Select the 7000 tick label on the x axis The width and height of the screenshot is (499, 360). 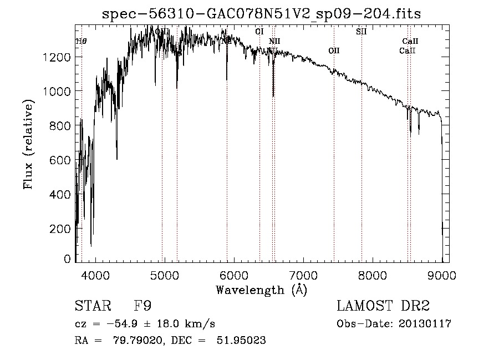click(303, 274)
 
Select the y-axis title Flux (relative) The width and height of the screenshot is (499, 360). click(28, 144)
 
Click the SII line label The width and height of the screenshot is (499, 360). click(361, 32)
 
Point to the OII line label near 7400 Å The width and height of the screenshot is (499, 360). click(333, 50)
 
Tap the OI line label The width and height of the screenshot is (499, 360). click(259, 32)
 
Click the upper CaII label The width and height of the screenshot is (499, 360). click(410, 41)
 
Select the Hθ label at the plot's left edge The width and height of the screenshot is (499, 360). click(81, 41)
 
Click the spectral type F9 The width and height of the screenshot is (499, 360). click(142, 306)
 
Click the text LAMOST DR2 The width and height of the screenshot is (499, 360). click(383, 306)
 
